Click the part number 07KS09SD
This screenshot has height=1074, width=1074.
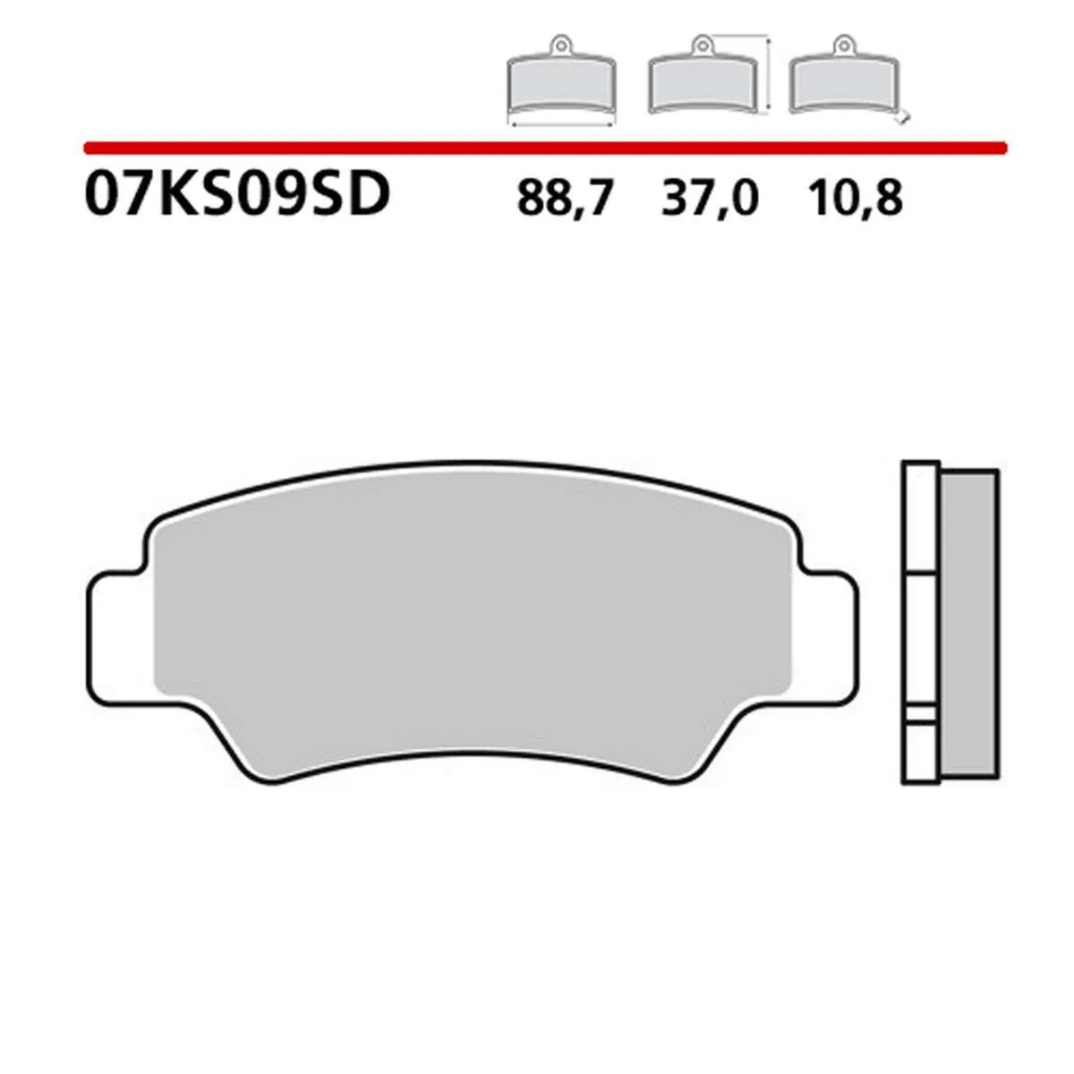click(237, 194)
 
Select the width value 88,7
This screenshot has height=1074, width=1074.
click(566, 198)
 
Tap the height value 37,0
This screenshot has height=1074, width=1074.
click(710, 198)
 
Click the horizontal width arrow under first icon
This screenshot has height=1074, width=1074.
click(560, 126)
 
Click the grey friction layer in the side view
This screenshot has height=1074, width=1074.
click(970, 626)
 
